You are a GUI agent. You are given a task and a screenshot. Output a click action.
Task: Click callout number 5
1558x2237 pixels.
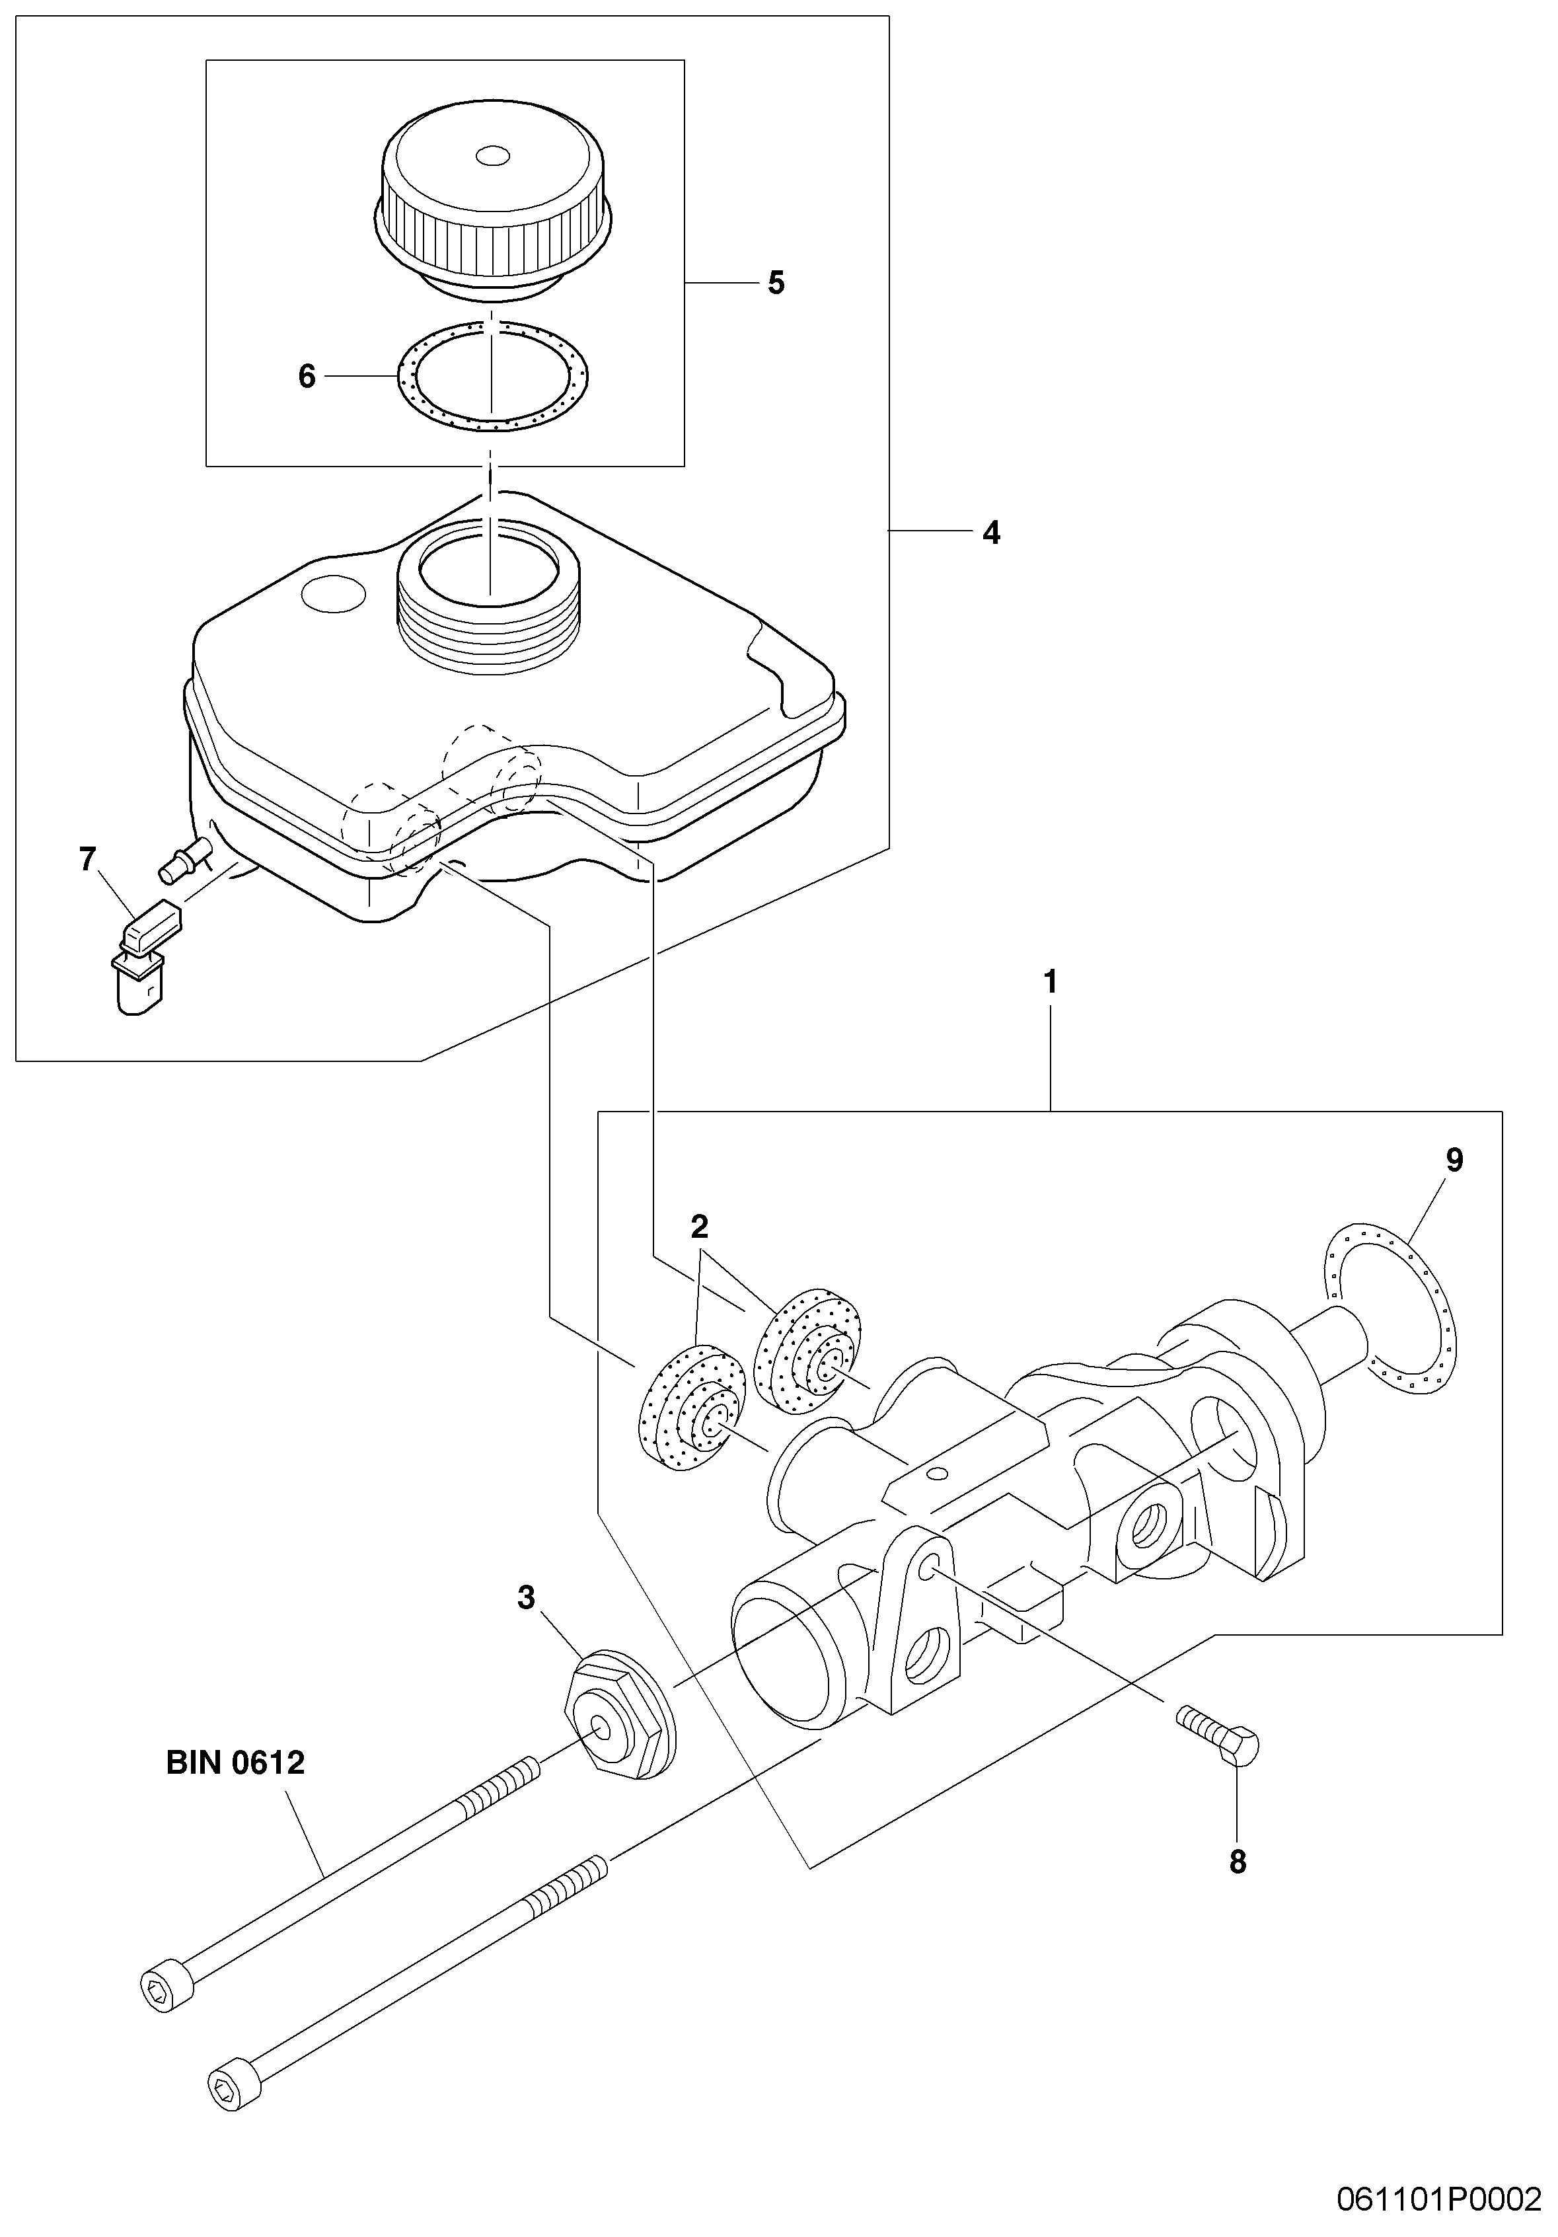click(776, 283)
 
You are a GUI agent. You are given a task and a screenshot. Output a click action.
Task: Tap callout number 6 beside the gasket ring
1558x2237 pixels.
click(307, 376)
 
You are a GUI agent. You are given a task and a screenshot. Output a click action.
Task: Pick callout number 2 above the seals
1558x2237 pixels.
click(700, 1227)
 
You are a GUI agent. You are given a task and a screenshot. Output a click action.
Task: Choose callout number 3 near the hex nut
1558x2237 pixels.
click(526, 1598)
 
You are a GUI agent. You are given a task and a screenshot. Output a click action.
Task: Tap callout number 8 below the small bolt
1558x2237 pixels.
click(1238, 1862)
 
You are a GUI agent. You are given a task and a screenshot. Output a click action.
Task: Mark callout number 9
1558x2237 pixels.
click(1454, 1160)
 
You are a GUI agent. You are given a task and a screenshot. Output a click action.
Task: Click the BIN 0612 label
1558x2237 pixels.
click(236, 1763)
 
